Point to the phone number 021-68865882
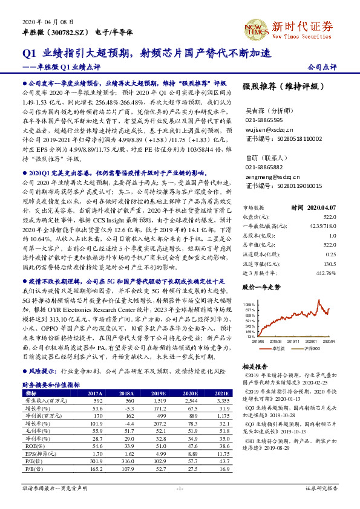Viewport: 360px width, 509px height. coord(264,166)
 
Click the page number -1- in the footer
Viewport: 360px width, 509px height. coord(180,487)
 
